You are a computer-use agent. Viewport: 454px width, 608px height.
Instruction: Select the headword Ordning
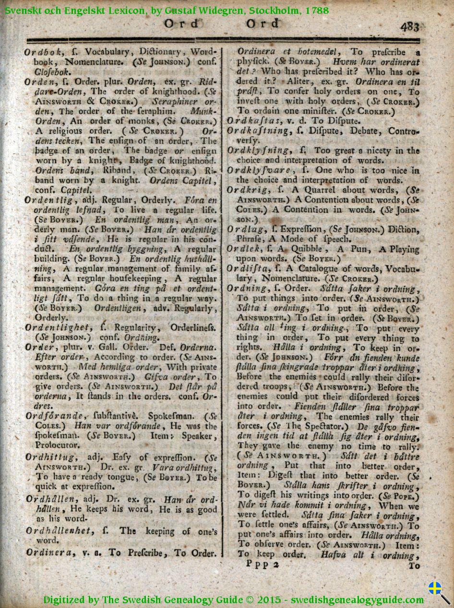(x=250, y=288)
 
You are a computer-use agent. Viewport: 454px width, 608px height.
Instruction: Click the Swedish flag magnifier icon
(x=438, y=592)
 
